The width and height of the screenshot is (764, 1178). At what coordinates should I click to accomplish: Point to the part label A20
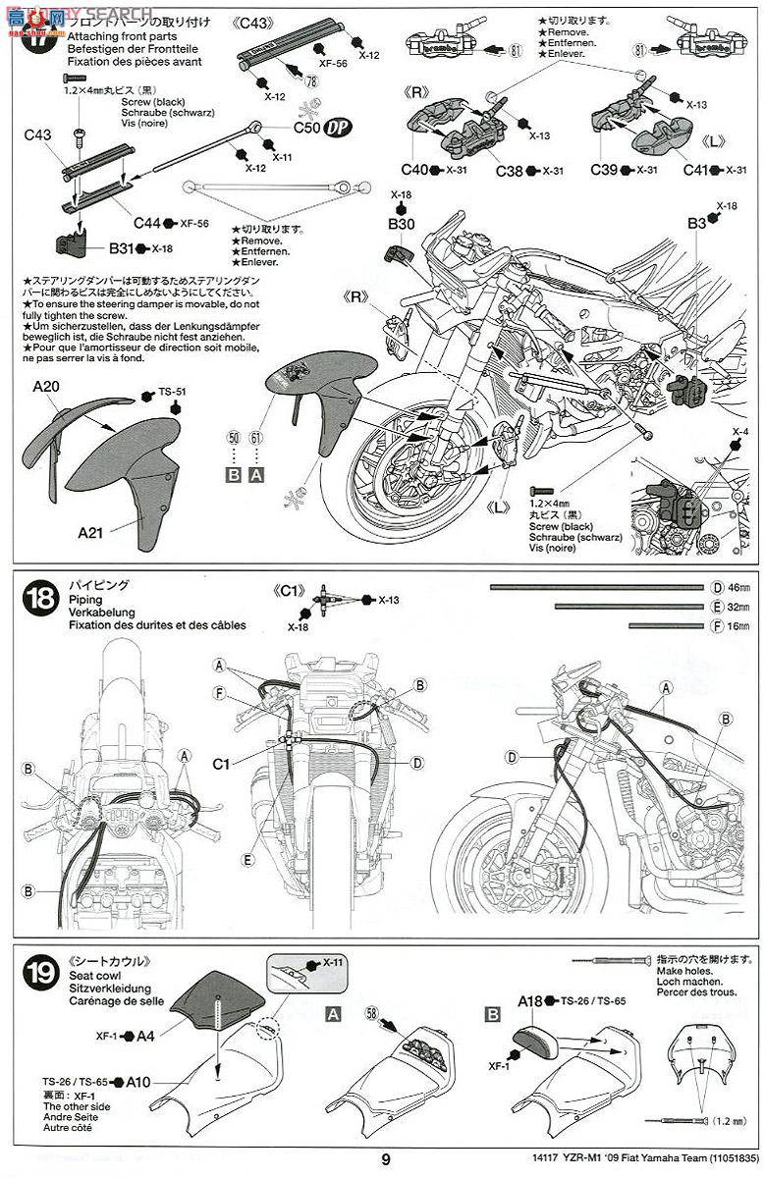click(x=45, y=388)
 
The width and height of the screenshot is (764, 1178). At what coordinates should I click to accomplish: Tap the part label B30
click(x=402, y=225)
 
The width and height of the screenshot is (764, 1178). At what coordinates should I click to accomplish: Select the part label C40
click(x=414, y=170)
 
